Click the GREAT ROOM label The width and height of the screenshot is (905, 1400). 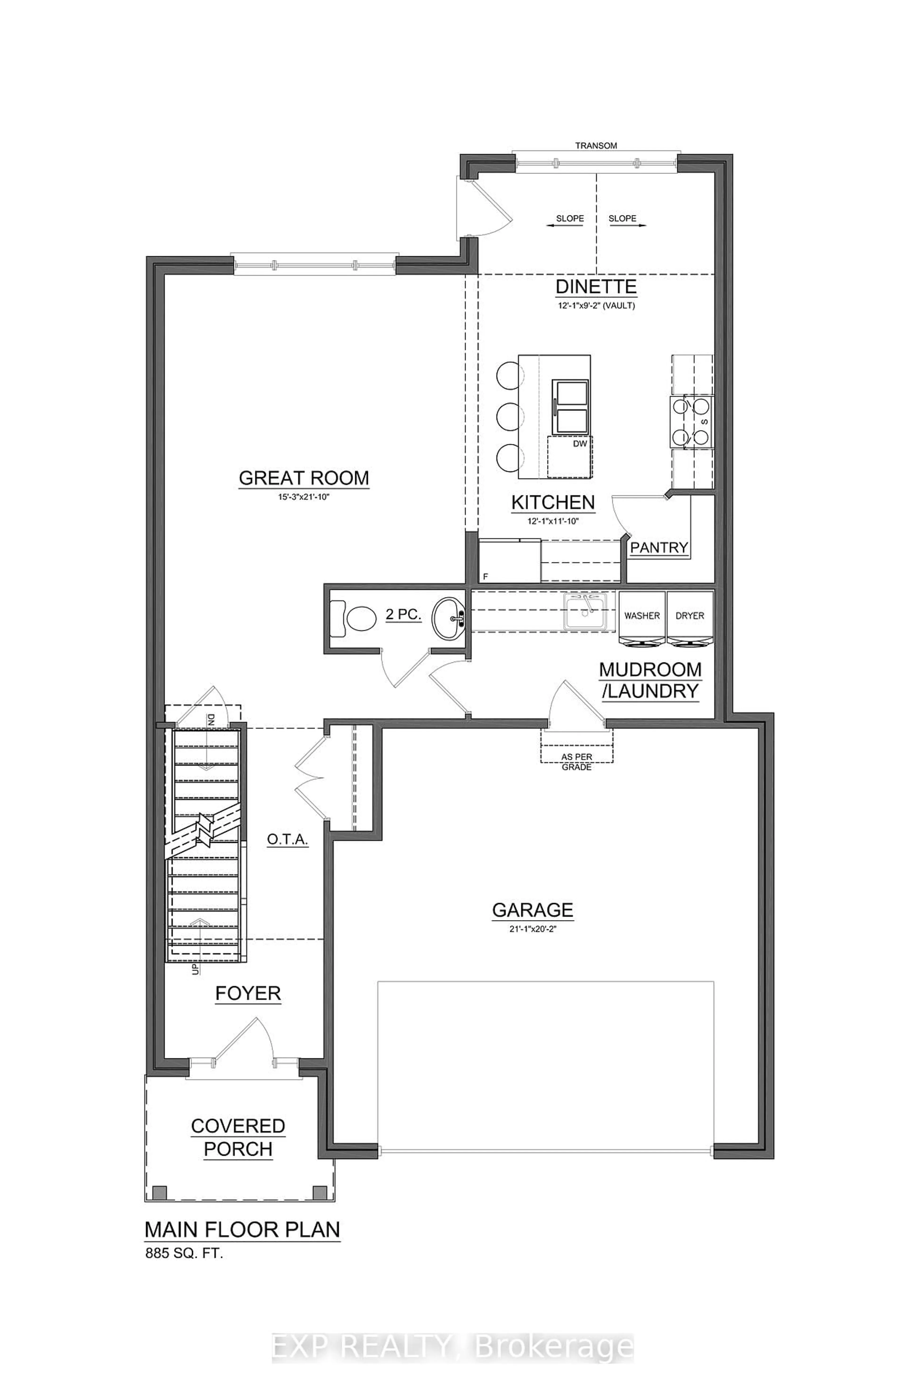pos(304,478)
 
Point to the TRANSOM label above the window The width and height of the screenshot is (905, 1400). pos(596,145)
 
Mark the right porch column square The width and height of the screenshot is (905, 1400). pos(320,1192)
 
